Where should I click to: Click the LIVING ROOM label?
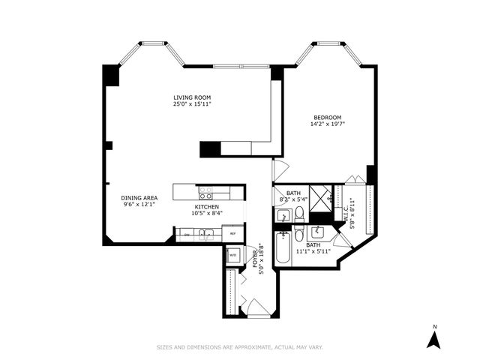click(x=191, y=97)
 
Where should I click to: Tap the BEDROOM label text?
click(x=328, y=117)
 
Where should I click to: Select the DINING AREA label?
click(x=139, y=198)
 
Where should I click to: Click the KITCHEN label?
click(x=207, y=206)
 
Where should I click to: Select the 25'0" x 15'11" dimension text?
click(x=191, y=105)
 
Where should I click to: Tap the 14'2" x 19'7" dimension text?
click(x=328, y=124)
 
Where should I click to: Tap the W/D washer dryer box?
click(x=232, y=254)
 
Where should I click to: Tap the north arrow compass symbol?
click(x=433, y=340)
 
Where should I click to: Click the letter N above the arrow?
click(x=433, y=326)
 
